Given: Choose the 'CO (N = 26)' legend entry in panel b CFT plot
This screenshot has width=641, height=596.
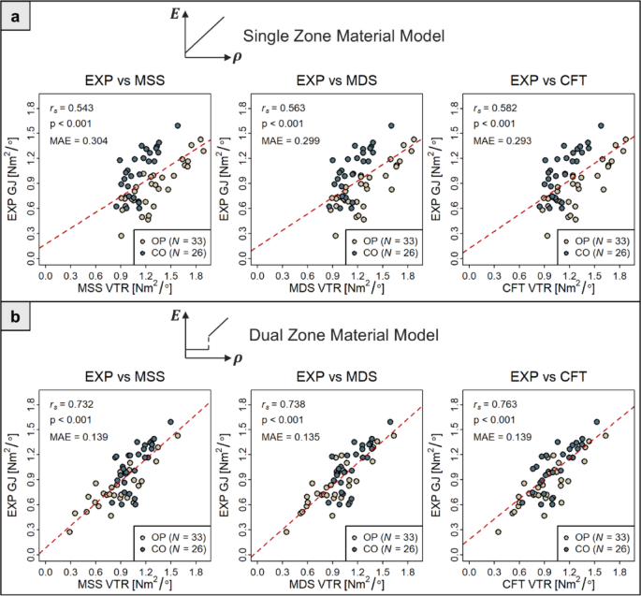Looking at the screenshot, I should [599, 548].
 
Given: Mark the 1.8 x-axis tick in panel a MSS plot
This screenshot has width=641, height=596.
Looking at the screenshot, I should [194, 277].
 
